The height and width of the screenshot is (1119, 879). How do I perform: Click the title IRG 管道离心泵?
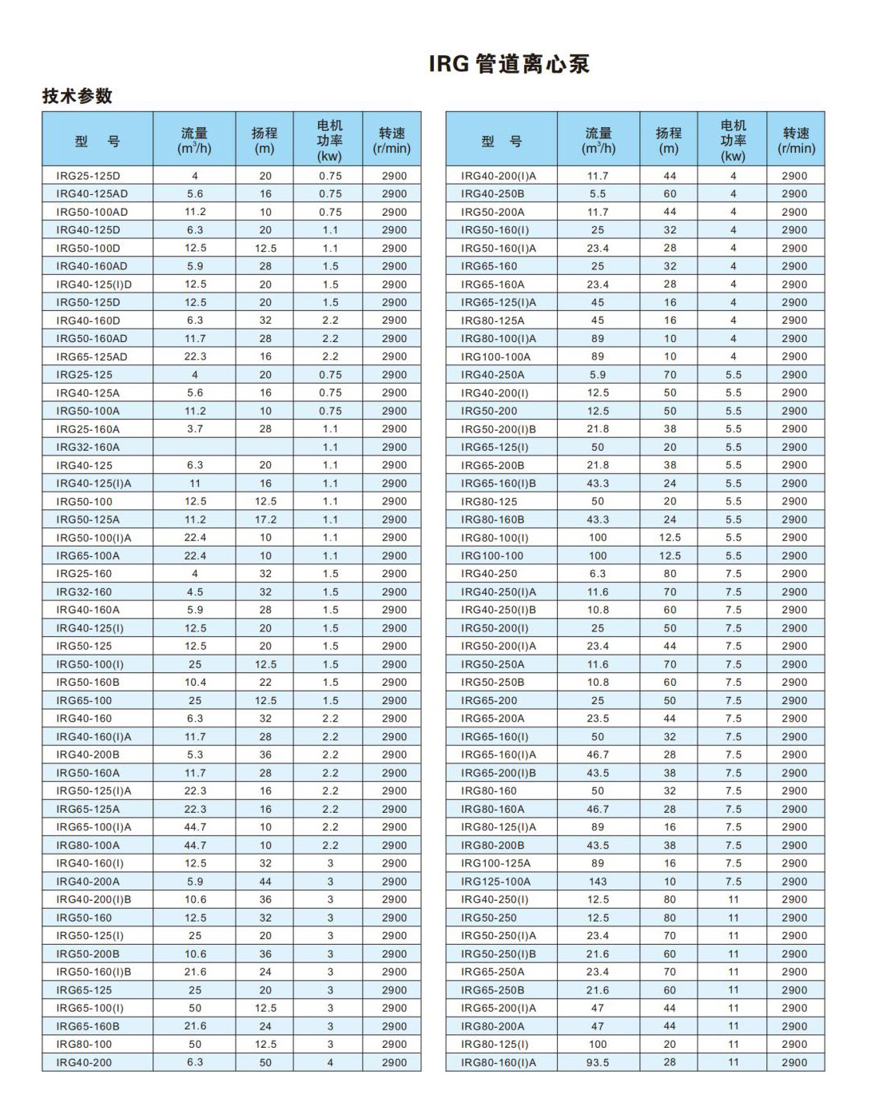(x=509, y=64)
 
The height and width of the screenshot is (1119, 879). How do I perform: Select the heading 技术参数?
(x=78, y=96)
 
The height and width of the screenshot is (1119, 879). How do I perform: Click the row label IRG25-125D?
(x=88, y=176)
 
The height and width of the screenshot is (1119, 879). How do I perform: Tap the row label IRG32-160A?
(x=88, y=448)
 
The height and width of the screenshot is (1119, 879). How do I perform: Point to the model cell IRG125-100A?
(x=495, y=882)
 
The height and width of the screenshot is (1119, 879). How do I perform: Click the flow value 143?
(x=598, y=882)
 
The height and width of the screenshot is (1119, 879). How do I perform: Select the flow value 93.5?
(x=598, y=1062)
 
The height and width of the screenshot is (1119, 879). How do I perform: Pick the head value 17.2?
(x=265, y=520)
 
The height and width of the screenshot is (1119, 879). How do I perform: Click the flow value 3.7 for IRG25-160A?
(x=195, y=429)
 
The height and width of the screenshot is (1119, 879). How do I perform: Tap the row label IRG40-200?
(x=84, y=1062)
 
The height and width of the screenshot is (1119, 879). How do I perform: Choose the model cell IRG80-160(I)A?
(x=499, y=1062)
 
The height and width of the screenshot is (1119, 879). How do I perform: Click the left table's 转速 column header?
(x=392, y=140)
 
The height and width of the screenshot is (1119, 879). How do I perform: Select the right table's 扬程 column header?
(x=669, y=140)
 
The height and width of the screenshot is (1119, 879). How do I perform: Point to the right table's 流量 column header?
(x=598, y=140)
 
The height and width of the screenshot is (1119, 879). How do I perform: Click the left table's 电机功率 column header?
(x=329, y=140)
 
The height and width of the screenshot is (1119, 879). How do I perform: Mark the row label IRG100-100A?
(x=495, y=356)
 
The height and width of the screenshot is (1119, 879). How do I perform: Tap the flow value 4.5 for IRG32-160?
(x=195, y=592)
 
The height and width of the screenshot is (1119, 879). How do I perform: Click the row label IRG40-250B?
(x=492, y=194)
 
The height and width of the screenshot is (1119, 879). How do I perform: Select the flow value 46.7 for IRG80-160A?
(x=598, y=809)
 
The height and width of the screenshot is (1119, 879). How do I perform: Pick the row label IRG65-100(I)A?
(x=93, y=827)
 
